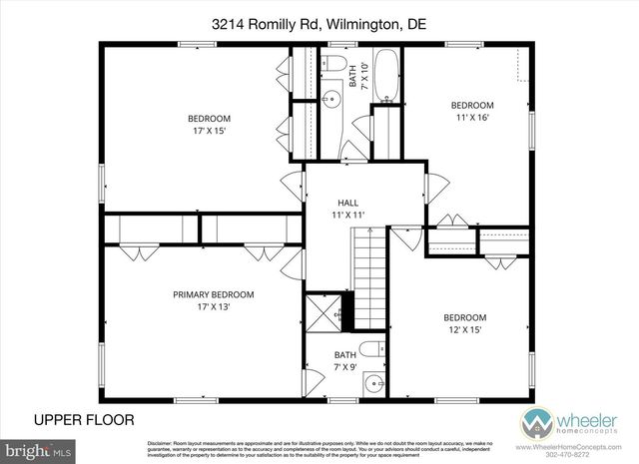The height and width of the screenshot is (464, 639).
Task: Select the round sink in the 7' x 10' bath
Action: pos(330,98)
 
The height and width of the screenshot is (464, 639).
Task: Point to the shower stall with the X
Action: pos(321,311)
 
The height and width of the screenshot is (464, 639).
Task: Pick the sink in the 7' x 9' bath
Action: pos(373,382)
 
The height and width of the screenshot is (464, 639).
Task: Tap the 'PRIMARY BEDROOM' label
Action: pos(213,294)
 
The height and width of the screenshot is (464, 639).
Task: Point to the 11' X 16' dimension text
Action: pos(471,118)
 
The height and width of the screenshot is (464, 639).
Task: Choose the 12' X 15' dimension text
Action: pos(465,330)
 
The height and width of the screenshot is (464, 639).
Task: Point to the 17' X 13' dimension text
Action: pos(213,307)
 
